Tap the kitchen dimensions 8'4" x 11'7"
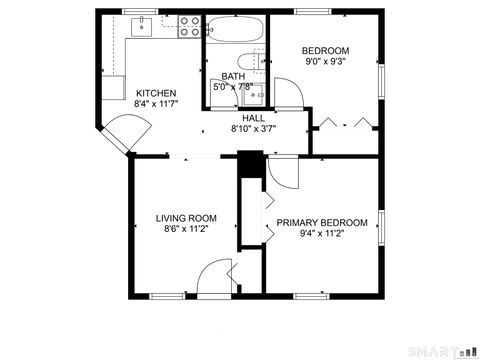coord(157,103)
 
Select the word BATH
coord(232,76)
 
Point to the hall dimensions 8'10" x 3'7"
coord(253,128)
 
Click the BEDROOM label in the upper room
coord(326,51)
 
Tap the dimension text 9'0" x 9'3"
coord(326,62)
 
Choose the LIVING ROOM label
coord(186,218)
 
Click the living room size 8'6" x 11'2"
coord(186,229)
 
